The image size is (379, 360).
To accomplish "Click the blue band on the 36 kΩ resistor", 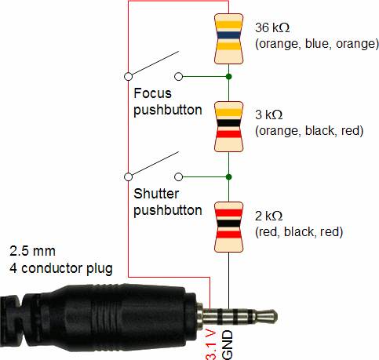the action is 228,35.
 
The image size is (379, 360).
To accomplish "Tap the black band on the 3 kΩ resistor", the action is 228,123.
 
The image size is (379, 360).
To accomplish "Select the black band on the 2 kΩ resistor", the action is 228,224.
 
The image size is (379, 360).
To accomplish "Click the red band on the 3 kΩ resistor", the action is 228,134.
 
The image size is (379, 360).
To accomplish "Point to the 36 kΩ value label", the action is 272,27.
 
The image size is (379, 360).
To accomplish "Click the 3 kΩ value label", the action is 269,115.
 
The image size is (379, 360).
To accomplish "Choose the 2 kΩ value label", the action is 269,216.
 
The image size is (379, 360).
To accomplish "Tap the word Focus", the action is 152,93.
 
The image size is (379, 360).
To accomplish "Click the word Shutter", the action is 156,194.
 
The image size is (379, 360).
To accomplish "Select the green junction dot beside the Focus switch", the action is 228,77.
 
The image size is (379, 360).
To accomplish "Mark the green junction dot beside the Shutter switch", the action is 228,177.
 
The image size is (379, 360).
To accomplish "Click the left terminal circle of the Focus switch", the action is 128,77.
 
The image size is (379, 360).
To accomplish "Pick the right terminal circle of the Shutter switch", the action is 178,177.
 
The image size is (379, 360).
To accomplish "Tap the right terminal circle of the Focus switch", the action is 178,77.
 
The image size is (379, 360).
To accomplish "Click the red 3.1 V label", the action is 211,345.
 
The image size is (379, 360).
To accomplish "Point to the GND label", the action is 227,345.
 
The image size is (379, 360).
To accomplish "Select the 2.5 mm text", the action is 32,251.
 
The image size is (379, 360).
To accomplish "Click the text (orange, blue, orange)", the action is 317,44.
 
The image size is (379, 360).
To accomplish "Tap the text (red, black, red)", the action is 299,231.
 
